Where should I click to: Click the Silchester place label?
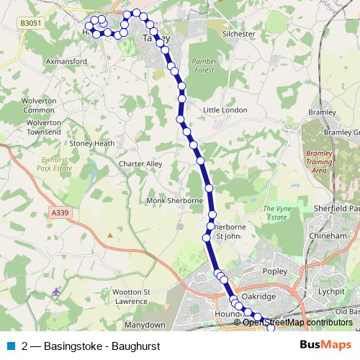coord(240,34)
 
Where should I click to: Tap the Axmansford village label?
coord(66,62)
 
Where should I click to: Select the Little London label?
coord(225,110)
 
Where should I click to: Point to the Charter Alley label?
coord(140,164)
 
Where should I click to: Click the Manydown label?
coord(145,325)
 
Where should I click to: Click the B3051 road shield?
coord(30,23)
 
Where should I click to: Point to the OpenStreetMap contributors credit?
coord(297,323)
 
